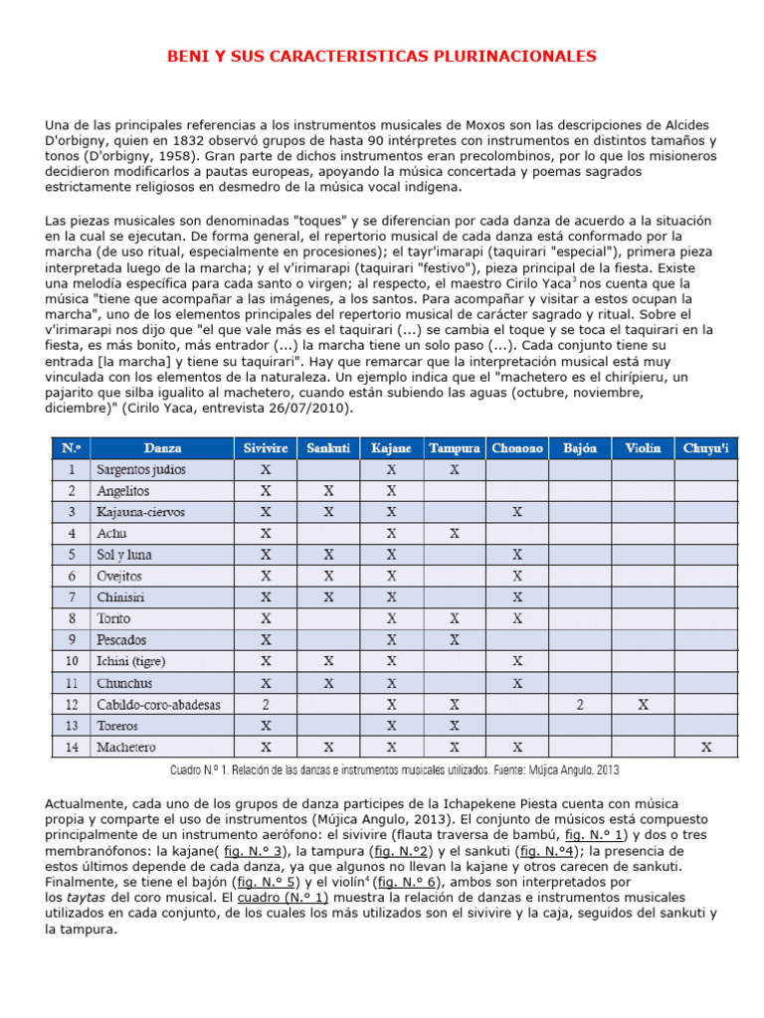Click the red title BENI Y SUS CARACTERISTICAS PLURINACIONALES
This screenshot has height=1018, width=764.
382,57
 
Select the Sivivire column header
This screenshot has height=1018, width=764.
266,448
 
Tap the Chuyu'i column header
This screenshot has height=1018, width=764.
705,448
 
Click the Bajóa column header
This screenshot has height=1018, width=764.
580,448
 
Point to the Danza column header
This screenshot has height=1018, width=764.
162,448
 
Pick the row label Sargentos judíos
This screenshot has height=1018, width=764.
140,469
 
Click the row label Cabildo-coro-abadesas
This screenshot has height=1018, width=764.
158,704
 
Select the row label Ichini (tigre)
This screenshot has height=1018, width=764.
130,661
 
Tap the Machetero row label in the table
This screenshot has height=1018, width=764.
126,747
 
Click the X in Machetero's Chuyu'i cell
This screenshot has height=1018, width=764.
705,747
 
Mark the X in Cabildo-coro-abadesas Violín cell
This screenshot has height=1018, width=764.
643,704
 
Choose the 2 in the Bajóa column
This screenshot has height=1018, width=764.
580,704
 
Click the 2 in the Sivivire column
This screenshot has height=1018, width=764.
266,704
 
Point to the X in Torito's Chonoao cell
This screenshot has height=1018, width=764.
516,618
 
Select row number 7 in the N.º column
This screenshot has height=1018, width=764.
72,596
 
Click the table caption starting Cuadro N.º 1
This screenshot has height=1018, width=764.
396,769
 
